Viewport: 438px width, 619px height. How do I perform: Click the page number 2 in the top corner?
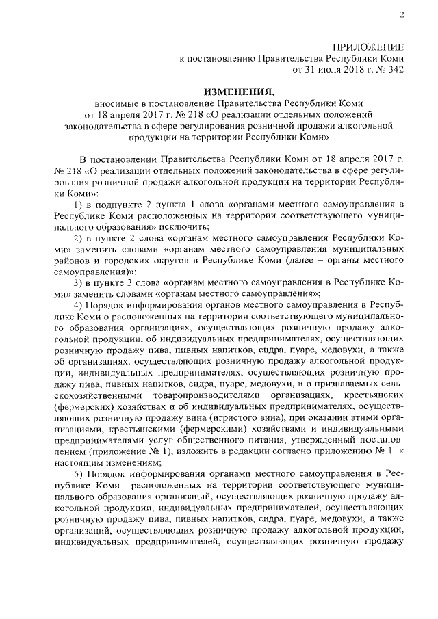point(402,16)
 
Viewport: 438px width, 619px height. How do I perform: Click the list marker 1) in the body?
point(77,204)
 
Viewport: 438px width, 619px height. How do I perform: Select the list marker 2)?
point(77,237)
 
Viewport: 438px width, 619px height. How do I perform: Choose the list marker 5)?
point(77,473)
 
